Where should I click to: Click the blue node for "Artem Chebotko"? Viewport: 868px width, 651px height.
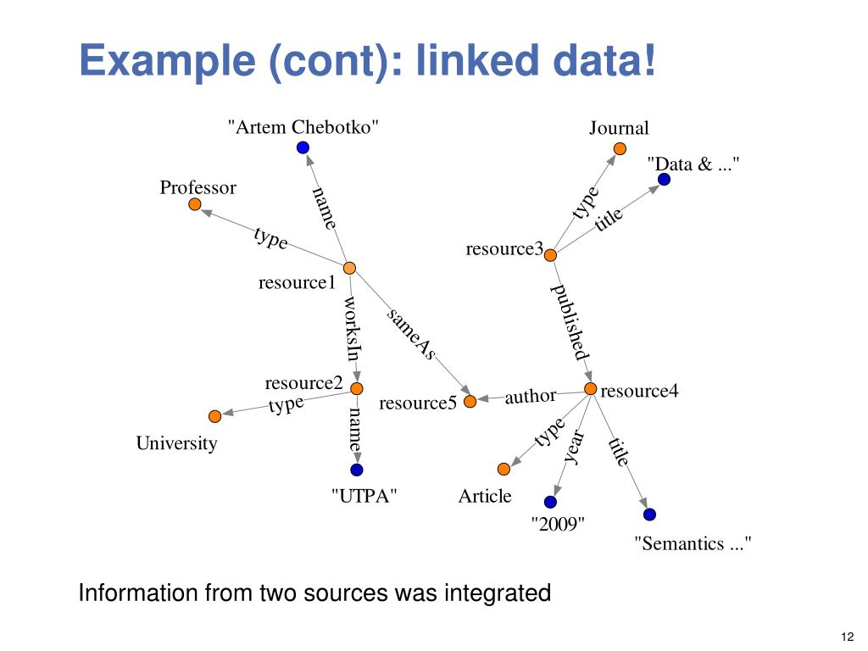click(x=303, y=147)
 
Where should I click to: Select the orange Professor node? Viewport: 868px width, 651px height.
click(x=195, y=204)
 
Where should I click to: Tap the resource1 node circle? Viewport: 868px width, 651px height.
click(x=349, y=268)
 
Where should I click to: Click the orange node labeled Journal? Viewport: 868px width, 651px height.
click(x=620, y=148)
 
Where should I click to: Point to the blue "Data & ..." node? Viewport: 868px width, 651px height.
click(x=665, y=180)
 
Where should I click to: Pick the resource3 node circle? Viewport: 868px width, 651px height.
click(x=549, y=255)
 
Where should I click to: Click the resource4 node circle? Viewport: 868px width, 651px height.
click(x=591, y=389)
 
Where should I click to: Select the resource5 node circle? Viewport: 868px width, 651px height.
click(x=470, y=401)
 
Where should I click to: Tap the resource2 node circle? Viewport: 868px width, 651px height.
click(x=357, y=388)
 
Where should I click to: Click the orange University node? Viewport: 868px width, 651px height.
click(x=214, y=416)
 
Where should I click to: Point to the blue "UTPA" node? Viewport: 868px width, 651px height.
click(x=356, y=470)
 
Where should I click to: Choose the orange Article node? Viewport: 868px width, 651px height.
click(x=504, y=469)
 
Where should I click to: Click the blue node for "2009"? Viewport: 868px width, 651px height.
click(x=551, y=502)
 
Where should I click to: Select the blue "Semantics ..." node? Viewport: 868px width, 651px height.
click(x=649, y=514)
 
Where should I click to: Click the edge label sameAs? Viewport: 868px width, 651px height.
click(x=411, y=333)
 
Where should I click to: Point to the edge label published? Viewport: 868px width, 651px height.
click(x=570, y=322)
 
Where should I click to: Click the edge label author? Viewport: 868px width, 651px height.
click(x=531, y=396)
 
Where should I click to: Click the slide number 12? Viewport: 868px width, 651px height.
click(x=845, y=637)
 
